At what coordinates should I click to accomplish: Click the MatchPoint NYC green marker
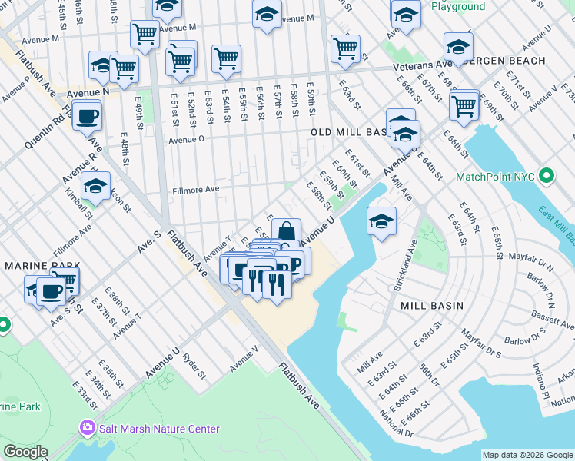click(547, 177)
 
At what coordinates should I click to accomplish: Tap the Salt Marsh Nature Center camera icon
click(86, 427)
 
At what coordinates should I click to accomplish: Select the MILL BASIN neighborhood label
click(432, 305)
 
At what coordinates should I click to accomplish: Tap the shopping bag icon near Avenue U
click(286, 231)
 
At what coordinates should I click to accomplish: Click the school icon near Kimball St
click(95, 186)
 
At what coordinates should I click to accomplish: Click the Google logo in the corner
click(25, 452)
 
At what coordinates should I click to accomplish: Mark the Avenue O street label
click(186, 140)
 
